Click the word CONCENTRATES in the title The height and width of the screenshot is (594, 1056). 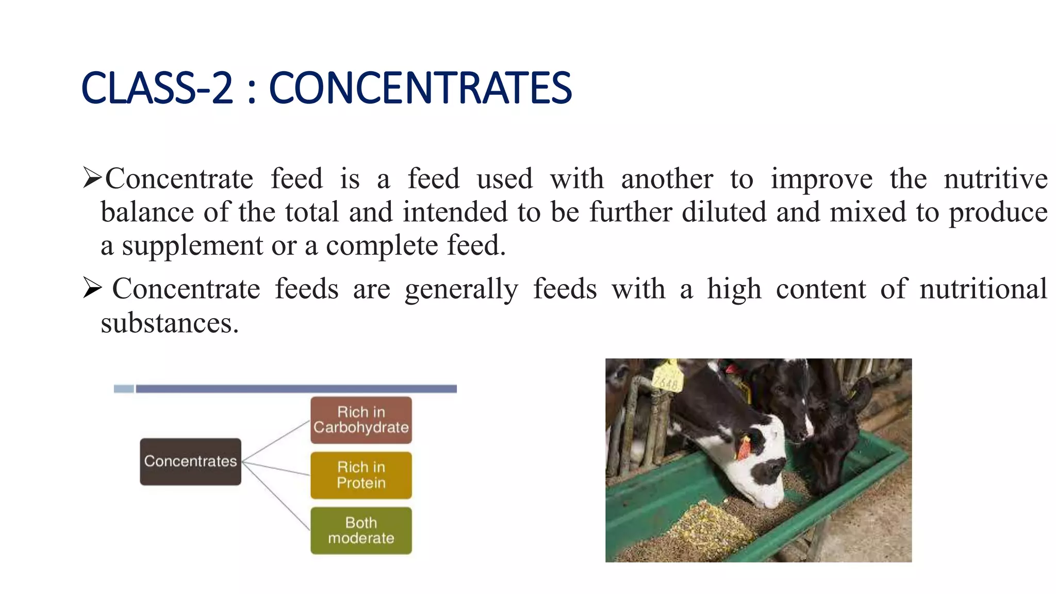[420, 88]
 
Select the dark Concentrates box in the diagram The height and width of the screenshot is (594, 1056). [190, 461]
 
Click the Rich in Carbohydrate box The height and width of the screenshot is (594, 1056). [361, 420]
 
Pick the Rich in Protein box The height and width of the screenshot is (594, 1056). [361, 475]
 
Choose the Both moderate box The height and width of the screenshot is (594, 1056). [361, 531]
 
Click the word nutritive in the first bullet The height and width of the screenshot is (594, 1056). [995, 179]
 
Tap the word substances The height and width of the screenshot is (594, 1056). [169, 324]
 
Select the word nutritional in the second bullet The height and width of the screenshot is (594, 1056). [983, 289]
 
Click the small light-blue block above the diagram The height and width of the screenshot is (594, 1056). [124, 389]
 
